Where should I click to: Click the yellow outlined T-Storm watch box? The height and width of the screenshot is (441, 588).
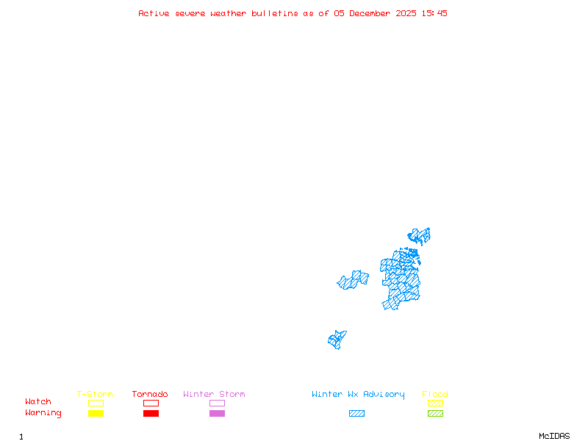click(96, 403)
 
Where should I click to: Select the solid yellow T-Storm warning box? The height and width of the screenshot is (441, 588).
click(96, 413)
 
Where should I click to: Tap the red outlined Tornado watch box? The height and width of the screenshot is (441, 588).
click(151, 403)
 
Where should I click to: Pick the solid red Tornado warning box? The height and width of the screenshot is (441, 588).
click(151, 413)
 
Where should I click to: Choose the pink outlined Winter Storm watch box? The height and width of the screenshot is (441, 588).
click(217, 403)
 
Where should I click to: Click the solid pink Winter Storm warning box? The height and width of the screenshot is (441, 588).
click(217, 413)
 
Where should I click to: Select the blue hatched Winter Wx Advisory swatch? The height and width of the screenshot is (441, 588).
click(356, 413)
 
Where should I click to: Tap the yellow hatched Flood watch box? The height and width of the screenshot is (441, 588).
click(435, 403)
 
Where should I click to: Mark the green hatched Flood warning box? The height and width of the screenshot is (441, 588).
click(435, 413)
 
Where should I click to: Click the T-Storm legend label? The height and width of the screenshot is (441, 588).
click(95, 394)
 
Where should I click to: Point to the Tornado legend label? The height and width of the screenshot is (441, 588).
click(150, 394)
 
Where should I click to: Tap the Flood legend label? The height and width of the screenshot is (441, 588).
click(435, 394)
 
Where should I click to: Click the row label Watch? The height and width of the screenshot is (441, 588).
click(38, 402)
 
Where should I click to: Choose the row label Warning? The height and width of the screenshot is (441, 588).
click(43, 413)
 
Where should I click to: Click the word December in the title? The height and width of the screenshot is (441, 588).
click(372, 13)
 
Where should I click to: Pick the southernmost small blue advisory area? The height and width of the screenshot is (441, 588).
click(337, 339)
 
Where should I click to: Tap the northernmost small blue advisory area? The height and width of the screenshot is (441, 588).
click(419, 235)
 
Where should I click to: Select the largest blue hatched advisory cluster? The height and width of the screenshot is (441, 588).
click(401, 281)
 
